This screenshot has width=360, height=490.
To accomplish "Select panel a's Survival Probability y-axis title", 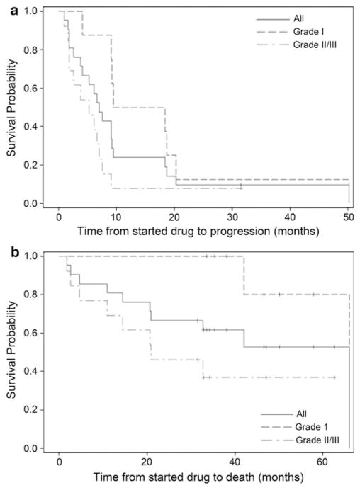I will [12, 106].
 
